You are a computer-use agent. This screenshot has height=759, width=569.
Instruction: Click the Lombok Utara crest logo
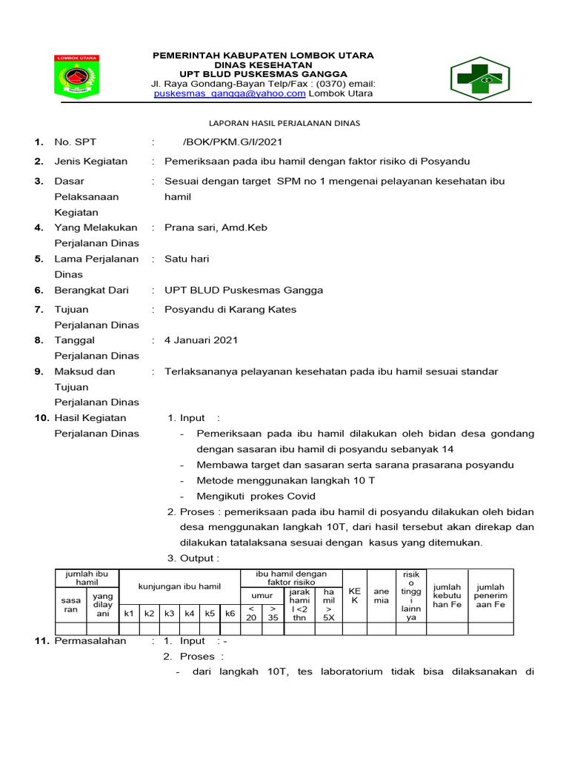[78, 77]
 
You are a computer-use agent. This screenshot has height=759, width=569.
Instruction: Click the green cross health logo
[479, 79]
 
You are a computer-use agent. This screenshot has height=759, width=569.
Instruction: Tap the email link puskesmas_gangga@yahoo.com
[230, 94]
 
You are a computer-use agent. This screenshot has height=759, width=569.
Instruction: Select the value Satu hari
[187, 259]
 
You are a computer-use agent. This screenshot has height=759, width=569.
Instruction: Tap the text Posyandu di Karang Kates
[230, 309]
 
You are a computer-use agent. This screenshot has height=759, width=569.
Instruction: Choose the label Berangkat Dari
[91, 290]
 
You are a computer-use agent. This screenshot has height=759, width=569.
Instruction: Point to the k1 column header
[129, 613]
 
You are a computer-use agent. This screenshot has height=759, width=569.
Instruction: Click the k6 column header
[230, 613]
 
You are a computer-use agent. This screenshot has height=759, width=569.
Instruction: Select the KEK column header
[354, 595]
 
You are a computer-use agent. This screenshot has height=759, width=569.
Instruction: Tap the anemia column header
[381, 595]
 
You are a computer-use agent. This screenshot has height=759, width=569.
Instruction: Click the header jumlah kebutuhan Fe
[447, 595]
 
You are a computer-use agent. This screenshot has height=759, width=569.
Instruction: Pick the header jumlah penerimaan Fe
[490, 595]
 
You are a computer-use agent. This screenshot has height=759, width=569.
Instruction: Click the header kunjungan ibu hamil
[179, 586]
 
